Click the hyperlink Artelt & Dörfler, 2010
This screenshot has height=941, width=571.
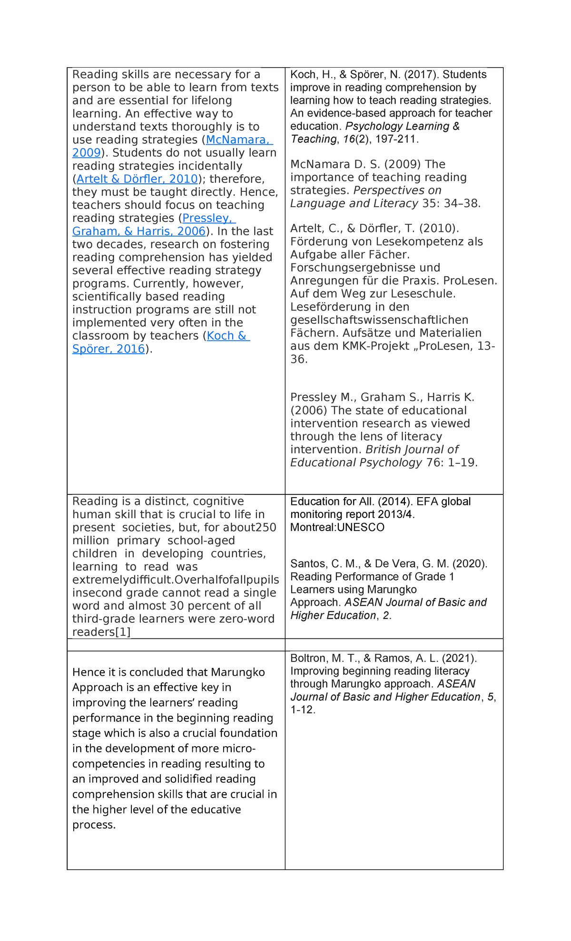pyautogui.click(x=137, y=179)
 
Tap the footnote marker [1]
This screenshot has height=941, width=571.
pyautogui.click(x=122, y=632)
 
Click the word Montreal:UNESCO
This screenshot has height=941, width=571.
pyautogui.click(x=337, y=528)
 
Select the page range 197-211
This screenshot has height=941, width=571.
pyautogui.click(x=396, y=139)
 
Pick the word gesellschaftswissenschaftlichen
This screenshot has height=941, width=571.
pyautogui.click(x=379, y=320)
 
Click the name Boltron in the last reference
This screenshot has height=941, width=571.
pyautogui.click(x=308, y=659)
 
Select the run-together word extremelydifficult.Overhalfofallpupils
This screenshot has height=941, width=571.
pyautogui.click(x=176, y=580)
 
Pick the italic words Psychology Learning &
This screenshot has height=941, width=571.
pyautogui.click(x=402, y=126)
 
